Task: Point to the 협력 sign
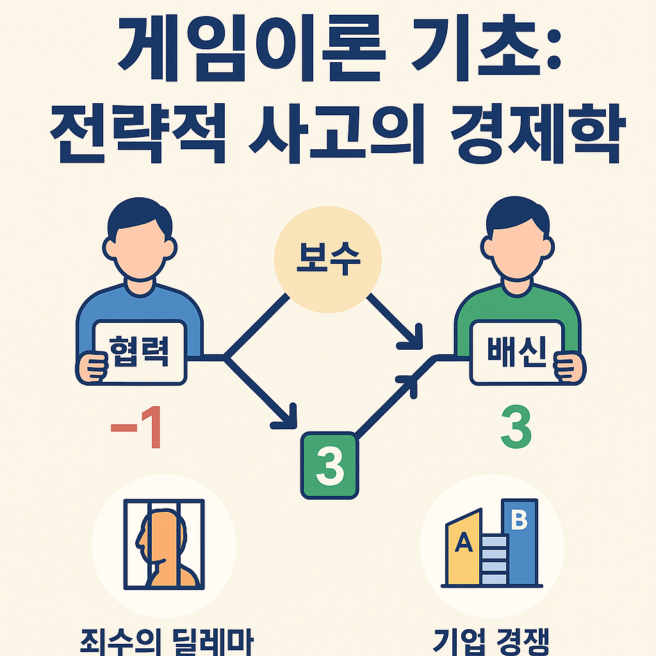point(140,353)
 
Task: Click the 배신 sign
point(516,353)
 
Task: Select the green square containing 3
point(329,466)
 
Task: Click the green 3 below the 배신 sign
point(516,429)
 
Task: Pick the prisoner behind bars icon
point(163,544)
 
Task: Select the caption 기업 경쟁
point(492,641)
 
